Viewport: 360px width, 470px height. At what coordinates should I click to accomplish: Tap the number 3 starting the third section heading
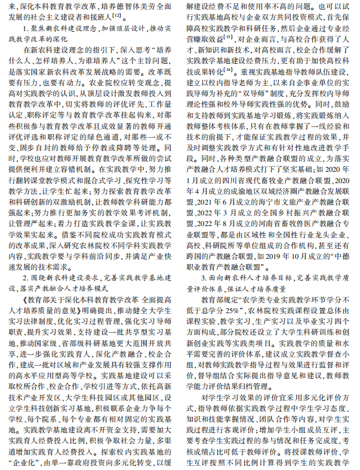[x=204, y=278]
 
